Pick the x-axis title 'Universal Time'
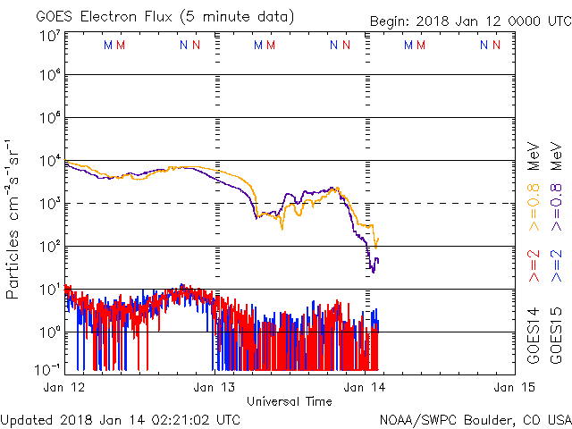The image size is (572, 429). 289,401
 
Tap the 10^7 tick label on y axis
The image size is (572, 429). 49,34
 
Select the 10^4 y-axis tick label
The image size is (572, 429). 49,161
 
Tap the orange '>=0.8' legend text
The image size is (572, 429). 534,206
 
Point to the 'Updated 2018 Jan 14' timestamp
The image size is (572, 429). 121,418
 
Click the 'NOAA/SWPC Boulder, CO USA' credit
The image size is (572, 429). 475,418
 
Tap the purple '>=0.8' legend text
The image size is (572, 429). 556,206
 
